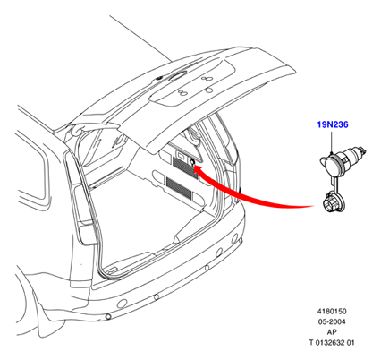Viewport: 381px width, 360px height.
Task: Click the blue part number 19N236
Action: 333,124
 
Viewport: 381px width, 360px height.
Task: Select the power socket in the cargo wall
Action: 191,162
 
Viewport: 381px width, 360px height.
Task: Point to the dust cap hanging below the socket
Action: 334,204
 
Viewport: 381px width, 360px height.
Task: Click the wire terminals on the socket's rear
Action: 360,150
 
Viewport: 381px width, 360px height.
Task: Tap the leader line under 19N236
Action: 332,141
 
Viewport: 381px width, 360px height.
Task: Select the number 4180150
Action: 332,312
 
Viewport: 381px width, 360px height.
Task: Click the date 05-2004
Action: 332,321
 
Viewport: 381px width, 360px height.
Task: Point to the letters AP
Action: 332,332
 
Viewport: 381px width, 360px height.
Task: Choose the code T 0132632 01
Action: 332,343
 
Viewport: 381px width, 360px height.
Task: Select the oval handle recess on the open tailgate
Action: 176,75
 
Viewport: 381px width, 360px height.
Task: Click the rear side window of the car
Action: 33,168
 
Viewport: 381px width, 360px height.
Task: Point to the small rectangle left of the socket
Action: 182,155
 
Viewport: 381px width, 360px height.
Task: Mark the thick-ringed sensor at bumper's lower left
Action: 108,316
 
